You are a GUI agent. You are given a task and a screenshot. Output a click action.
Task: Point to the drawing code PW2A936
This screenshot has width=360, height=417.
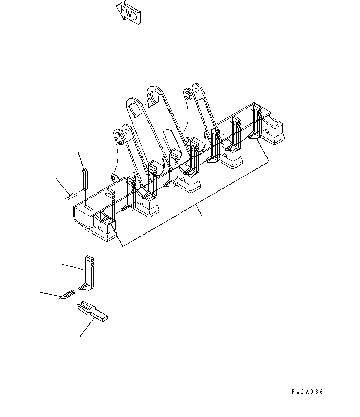pyautogui.click(x=307, y=392)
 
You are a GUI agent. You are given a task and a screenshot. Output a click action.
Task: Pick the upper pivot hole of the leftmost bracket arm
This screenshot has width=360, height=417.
pyautogui.click(x=118, y=136)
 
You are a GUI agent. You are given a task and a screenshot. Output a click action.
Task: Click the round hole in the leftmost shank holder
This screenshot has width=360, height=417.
pyautogui.click(x=100, y=227)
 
